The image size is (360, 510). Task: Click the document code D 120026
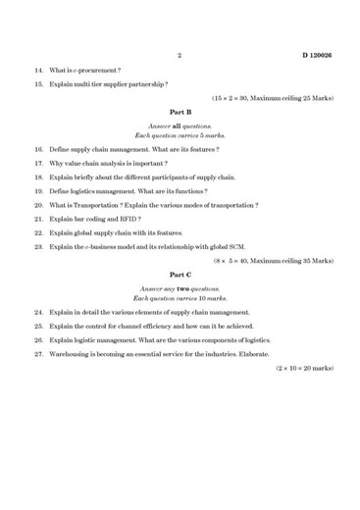tap(317, 56)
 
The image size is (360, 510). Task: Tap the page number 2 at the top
tap(180, 56)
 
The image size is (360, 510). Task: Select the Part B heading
tap(180, 113)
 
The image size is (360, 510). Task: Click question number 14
tap(38, 71)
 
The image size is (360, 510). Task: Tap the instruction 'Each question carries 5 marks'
tap(180, 134)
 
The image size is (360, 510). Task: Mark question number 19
tap(38, 190)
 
